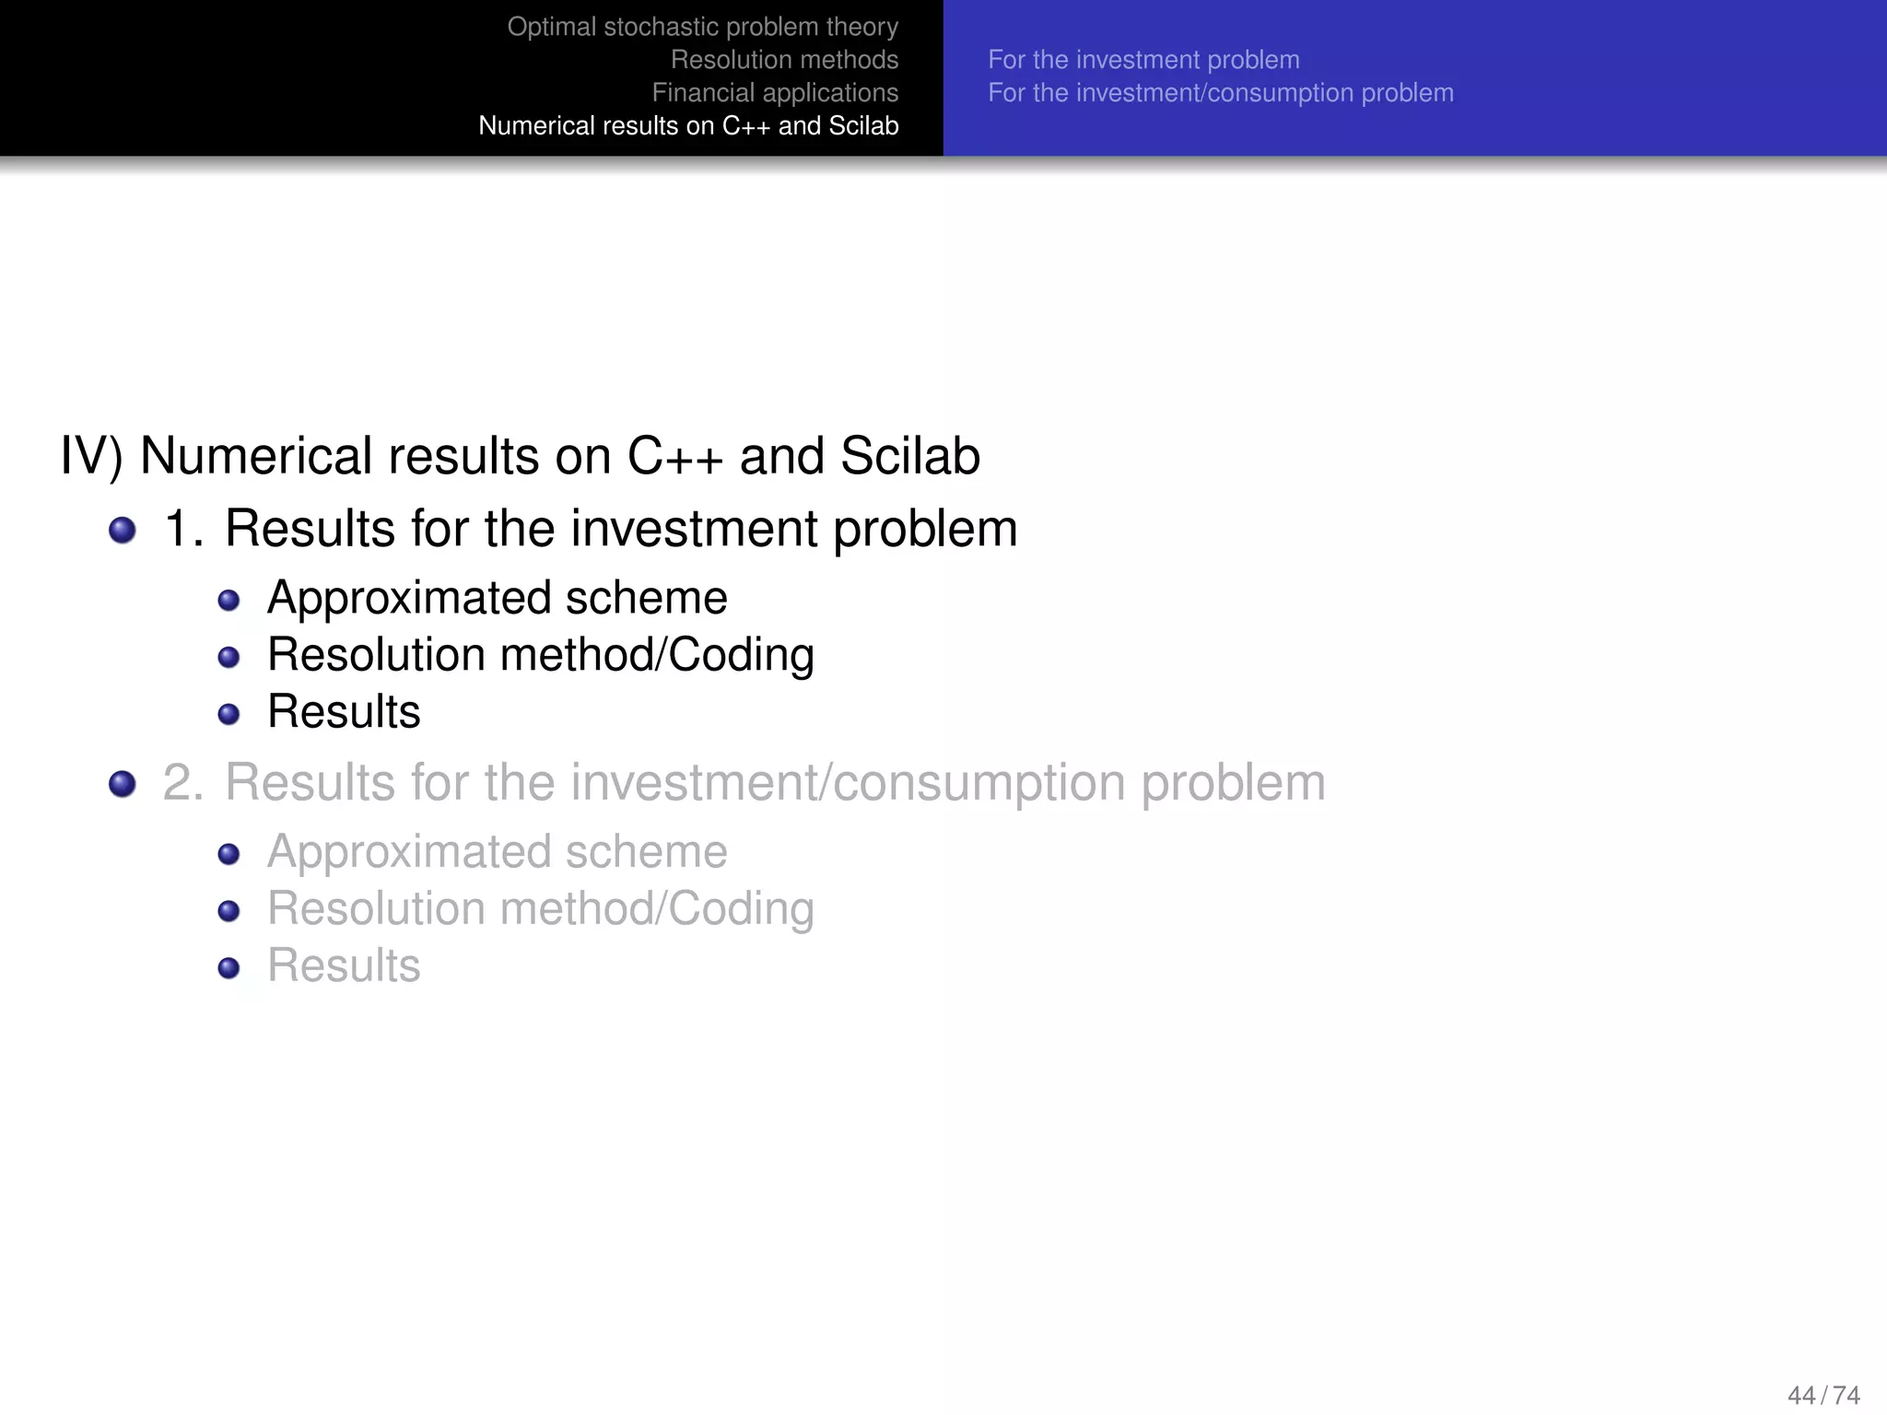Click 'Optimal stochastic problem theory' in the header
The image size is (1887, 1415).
(x=702, y=27)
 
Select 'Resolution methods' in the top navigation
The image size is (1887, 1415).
(x=784, y=60)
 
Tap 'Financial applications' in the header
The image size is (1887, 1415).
(x=775, y=93)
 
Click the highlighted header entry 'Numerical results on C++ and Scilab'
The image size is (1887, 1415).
(x=688, y=126)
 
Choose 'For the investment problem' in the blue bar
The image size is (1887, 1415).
(x=1143, y=60)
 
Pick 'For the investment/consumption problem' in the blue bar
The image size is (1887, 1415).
(x=1221, y=93)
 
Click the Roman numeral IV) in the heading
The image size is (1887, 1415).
(x=91, y=456)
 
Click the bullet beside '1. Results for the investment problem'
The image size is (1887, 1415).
(x=123, y=531)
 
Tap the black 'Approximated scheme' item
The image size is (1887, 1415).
(x=497, y=598)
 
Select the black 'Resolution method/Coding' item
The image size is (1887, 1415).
(x=540, y=655)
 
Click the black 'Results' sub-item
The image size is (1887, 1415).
(x=344, y=712)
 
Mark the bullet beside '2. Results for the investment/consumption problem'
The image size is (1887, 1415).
(x=123, y=784)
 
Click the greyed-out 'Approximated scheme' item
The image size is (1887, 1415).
(x=497, y=852)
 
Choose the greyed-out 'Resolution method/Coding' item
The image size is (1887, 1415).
(x=540, y=909)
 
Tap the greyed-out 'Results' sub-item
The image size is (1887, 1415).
(x=344, y=966)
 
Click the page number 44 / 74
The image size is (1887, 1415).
(x=1823, y=1395)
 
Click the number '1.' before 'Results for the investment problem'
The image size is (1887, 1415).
(x=183, y=530)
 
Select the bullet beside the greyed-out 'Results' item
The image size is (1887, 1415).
(x=229, y=968)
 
